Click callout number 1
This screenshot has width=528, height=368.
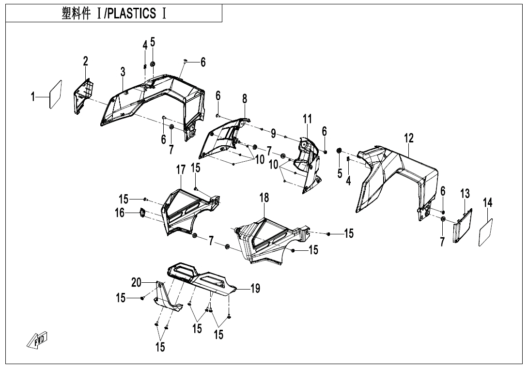tap(33, 97)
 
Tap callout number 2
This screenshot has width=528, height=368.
tap(85, 61)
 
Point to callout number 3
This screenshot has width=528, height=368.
tap(123, 72)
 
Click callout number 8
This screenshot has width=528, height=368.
tap(245, 99)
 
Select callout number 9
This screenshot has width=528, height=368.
tap(273, 133)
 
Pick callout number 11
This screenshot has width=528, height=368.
tap(307, 119)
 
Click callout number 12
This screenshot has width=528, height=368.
tap(409, 138)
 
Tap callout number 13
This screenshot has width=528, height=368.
tap(465, 194)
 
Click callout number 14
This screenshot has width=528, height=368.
tap(488, 203)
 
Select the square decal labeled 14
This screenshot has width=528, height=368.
tap(486, 232)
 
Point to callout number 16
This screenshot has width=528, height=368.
tap(120, 213)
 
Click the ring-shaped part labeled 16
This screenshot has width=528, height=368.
tap(143, 213)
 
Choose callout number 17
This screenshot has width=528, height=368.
tap(181, 170)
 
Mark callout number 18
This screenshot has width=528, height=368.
tap(264, 198)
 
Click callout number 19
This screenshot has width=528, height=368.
tap(255, 289)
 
